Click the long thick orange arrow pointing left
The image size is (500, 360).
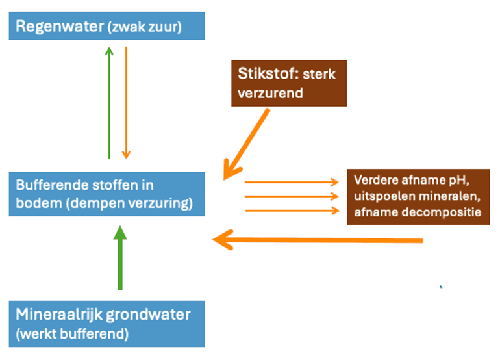318,240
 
